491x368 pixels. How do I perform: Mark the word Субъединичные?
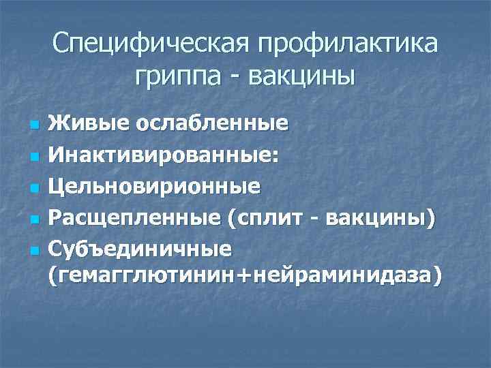point(140,247)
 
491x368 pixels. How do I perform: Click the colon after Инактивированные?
point(274,157)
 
